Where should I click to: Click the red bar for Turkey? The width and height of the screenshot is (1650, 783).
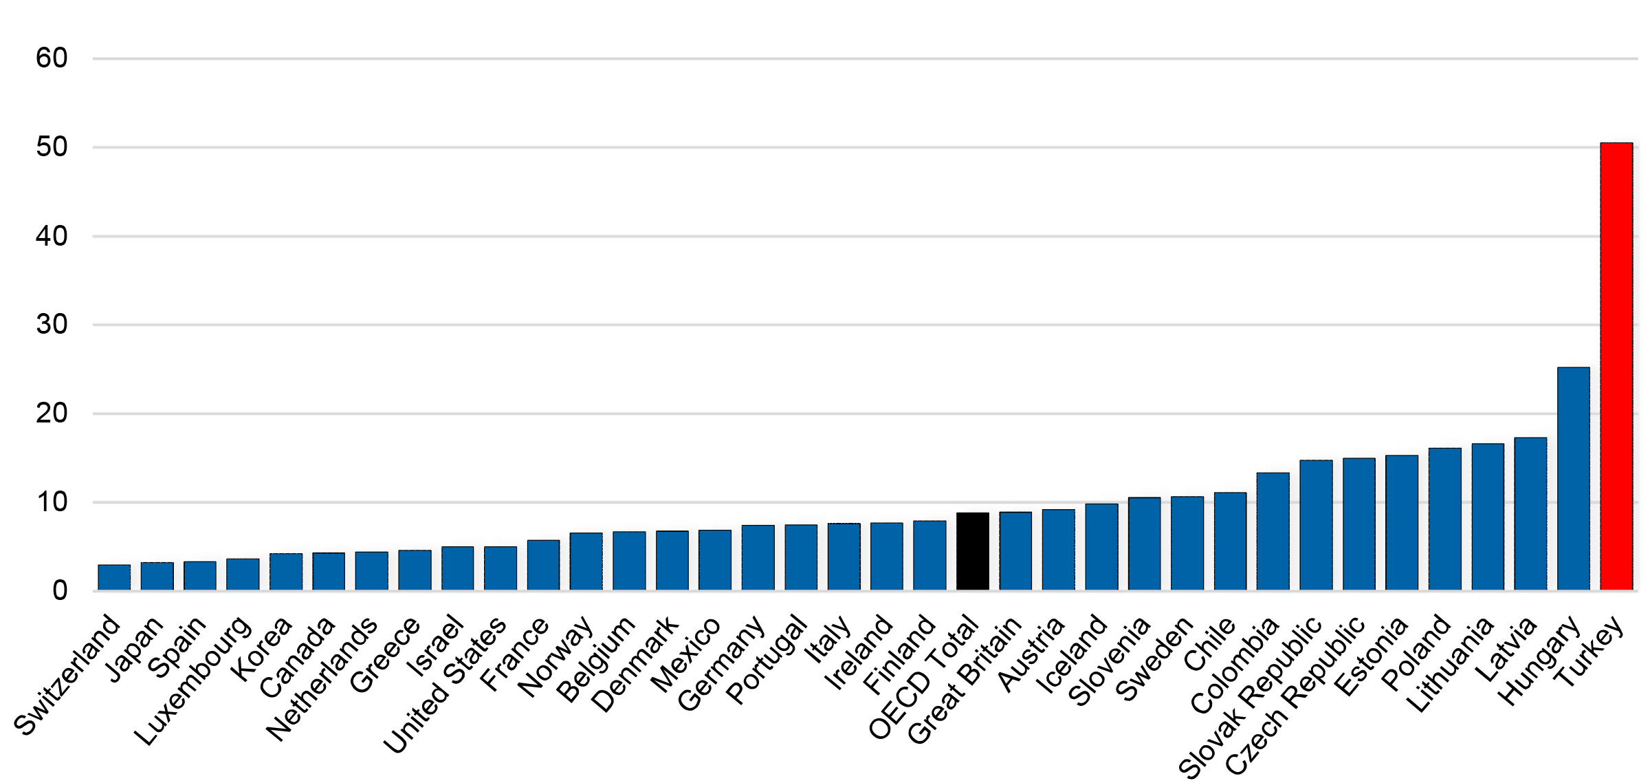click(x=1616, y=366)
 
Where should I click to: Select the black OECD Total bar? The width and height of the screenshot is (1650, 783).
click(x=972, y=551)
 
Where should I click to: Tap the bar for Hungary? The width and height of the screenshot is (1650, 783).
click(x=1573, y=478)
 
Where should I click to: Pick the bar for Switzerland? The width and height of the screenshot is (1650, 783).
click(x=114, y=577)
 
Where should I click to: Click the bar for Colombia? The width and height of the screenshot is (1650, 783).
click(x=1273, y=531)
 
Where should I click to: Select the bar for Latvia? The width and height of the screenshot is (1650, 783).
click(x=1530, y=513)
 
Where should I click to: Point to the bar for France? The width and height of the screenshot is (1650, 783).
click(x=543, y=565)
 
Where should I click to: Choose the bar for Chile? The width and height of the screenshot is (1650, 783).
click(x=1230, y=541)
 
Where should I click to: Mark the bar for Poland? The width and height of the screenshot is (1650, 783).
click(x=1444, y=519)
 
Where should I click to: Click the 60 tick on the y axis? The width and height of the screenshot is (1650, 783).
click(x=52, y=58)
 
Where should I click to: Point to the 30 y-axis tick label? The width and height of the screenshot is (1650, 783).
click(x=52, y=325)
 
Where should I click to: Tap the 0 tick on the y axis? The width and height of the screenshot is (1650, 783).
click(x=60, y=590)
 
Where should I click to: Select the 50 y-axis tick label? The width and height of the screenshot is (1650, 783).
click(x=52, y=147)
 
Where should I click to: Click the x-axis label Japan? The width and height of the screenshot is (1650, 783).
click(x=136, y=649)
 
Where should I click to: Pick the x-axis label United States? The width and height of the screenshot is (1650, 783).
click(x=445, y=685)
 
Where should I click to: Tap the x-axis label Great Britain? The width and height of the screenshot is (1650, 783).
click(x=964, y=680)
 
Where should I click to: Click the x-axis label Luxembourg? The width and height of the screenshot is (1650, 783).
click(x=193, y=680)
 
